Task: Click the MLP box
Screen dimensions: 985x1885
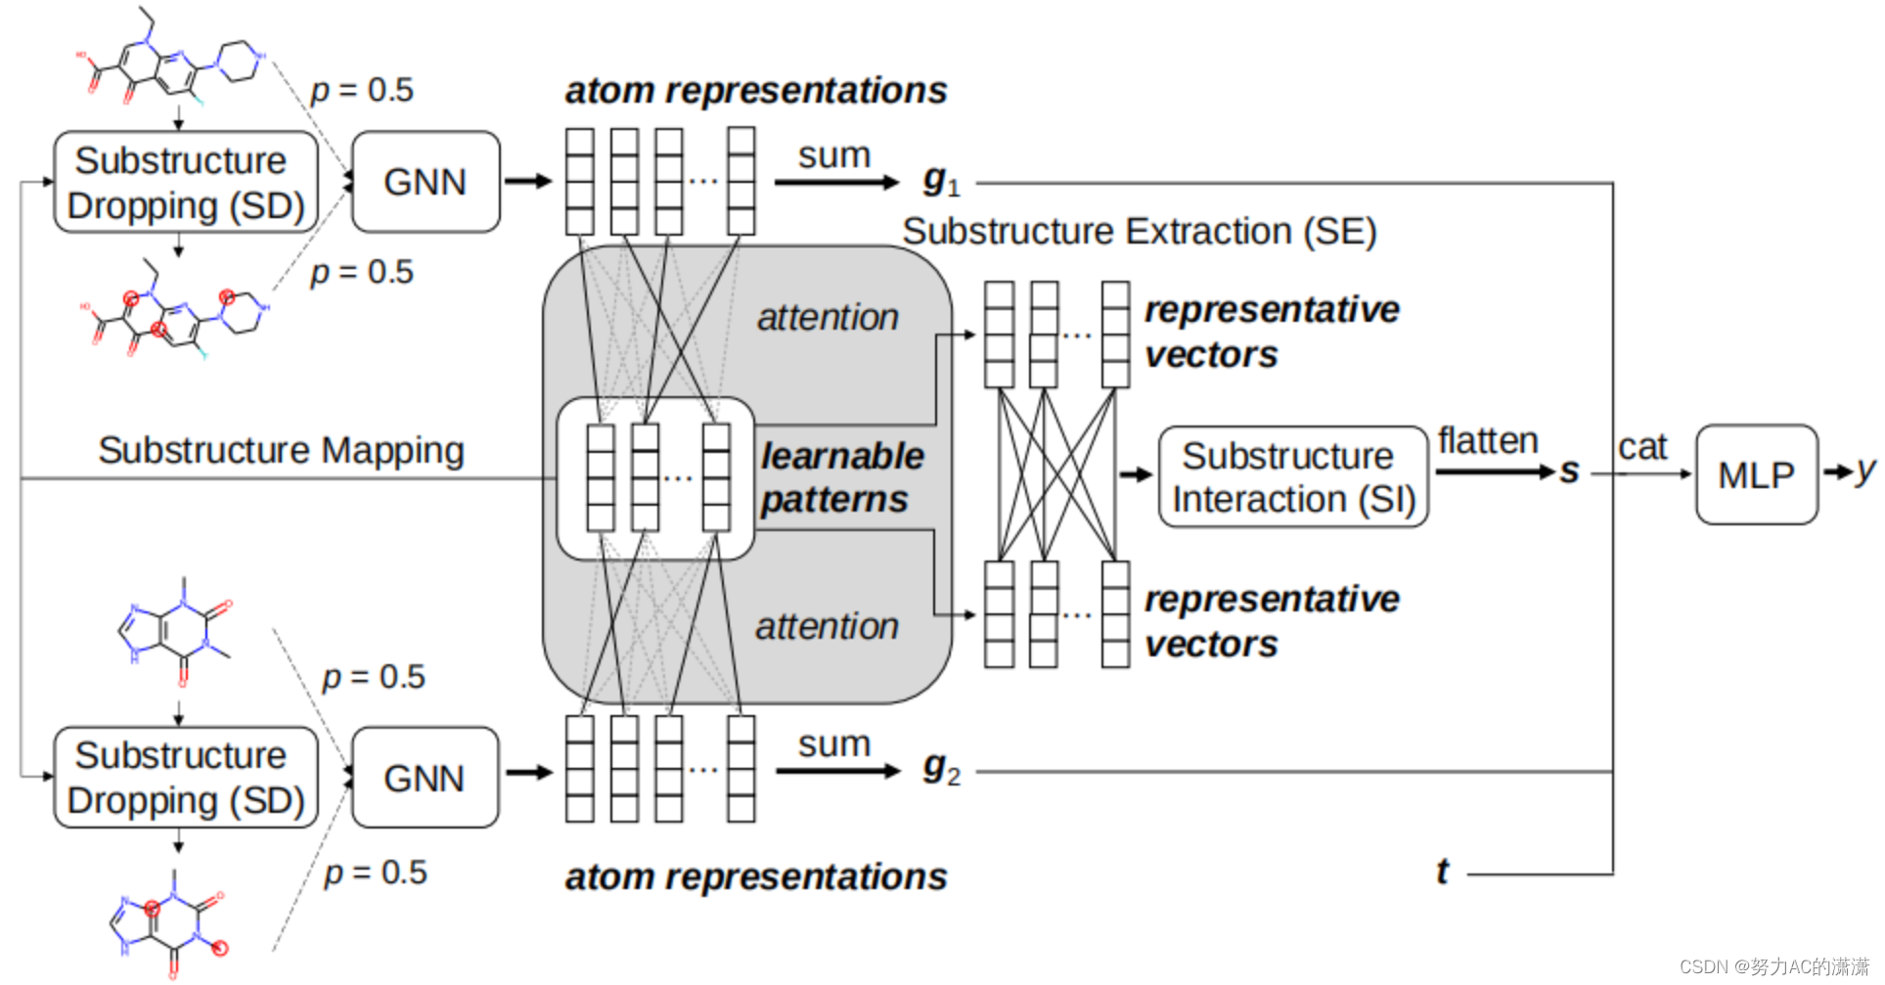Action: (1756, 474)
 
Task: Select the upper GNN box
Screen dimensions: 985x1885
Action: (425, 182)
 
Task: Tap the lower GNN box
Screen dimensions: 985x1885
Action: (425, 778)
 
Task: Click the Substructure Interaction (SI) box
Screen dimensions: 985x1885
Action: (1292, 477)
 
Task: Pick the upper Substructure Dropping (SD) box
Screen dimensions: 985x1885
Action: (185, 182)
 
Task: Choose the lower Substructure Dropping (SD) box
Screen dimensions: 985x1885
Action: (185, 778)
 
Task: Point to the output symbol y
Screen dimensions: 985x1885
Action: (1865, 471)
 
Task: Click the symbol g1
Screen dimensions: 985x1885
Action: (940, 181)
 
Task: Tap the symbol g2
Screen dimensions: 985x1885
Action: (940, 769)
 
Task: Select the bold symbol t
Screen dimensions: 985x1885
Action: (1442, 871)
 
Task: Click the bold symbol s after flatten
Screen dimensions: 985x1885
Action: (1569, 471)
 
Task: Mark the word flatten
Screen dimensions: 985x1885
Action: (1487, 441)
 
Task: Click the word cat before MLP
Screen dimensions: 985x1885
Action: (1641, 447)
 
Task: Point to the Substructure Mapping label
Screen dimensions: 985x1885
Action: (281, 451)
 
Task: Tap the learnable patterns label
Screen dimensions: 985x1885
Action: (841, 477)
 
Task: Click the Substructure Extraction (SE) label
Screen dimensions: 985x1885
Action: (1139, 232)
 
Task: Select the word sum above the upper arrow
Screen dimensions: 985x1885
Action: (833, 155)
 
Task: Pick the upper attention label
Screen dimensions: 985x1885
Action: (828, 318)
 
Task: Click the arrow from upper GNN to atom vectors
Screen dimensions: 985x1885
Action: (528, 181)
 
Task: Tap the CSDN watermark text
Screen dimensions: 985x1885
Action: (1773, 966)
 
